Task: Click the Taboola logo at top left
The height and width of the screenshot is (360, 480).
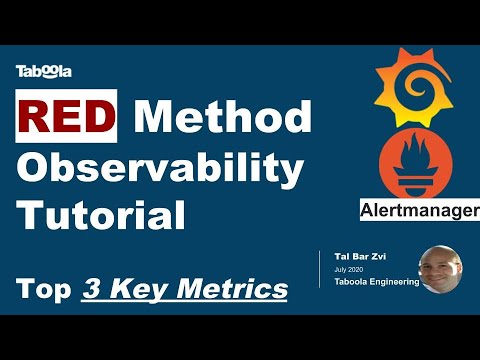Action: tap(43, 70)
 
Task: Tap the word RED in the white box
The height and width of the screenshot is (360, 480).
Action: tap(66, 118)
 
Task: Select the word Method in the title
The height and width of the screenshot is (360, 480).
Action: tap(222, 118)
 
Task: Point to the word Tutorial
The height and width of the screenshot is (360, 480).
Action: tap(102, 215)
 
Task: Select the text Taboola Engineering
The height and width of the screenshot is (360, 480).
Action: tap(374, 281)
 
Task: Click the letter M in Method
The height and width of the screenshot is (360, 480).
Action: tap(154, 118)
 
